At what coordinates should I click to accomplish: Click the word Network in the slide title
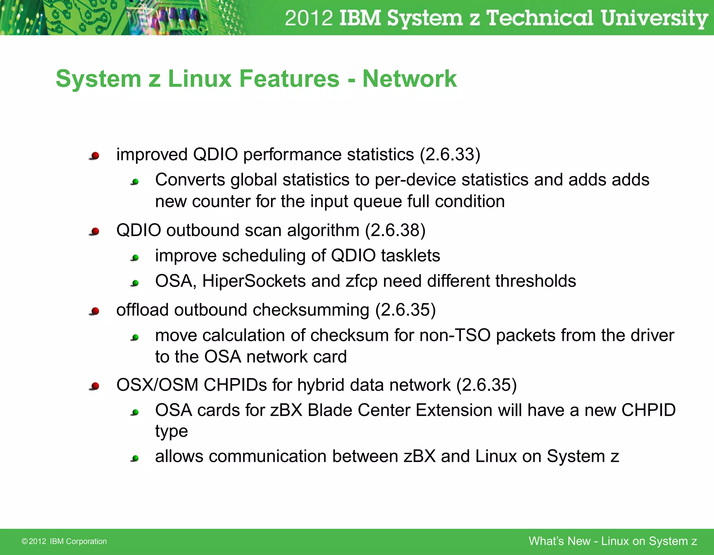[409, 79]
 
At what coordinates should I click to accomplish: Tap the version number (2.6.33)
[450, 155]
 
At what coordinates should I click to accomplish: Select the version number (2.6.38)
[395, 231]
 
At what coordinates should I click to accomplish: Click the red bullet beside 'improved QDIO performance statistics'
[95, 156]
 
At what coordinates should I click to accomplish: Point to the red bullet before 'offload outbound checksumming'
[95, 311]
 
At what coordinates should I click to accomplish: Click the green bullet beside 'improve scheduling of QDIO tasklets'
[135, 258]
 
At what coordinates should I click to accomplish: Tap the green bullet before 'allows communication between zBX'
[135, 458]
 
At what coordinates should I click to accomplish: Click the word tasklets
[410, 256]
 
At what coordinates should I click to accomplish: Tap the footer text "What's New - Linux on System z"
[613, 541]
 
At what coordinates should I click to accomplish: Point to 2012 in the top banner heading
[309, 18]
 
